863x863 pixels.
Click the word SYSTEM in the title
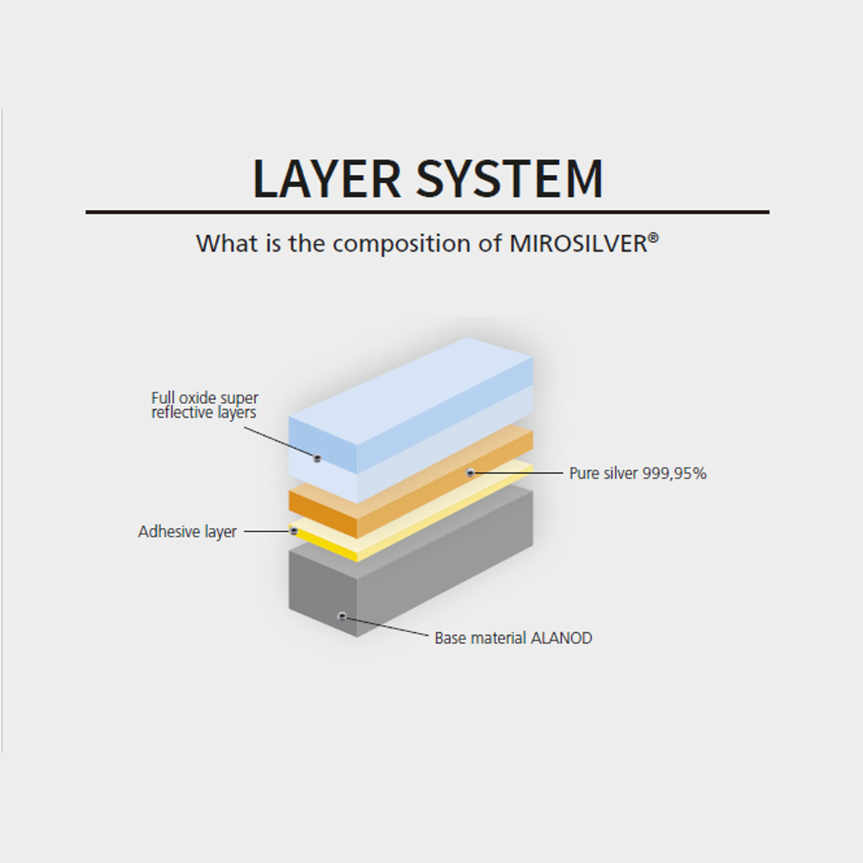pyautogui.click(x=510, y=178)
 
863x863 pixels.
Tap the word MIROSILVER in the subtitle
pyautogui.click(x=578, y=244)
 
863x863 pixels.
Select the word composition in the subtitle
pyautogui.click(x=402, y=245)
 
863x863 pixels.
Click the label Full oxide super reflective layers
pyautogui.click(x=205, y=406)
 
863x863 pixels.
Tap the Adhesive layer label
pyautogui.click(x=187, y=531)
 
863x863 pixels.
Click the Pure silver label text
pyautogui.click(x=638, y=473)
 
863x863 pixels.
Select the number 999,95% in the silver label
pyautogui.click(x=675, y=473)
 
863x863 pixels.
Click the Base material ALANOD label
pyautogui.click(x=513, y=638)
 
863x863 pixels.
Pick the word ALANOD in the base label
pyautogui.click(x=561, y=638)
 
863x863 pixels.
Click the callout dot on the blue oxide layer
pyautogui.click(x=317, y=458)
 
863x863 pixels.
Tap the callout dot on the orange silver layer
pyautogui.click(x=470, y=472)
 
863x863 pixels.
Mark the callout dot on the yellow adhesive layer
pyautogui.click(x=294, y=531)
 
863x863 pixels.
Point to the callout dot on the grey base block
pyautogui.click(x=342, y=616)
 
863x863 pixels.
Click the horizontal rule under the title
pyautogui.click(x=428, y=212)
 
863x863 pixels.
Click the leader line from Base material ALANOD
pyautogui.click(x=386, y=626)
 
